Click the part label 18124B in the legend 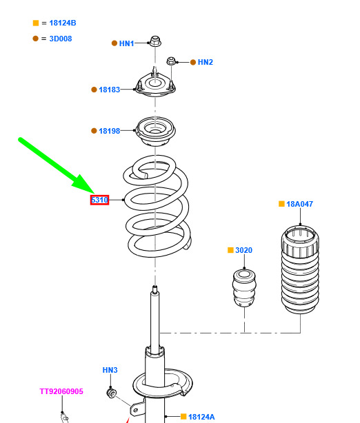(x=63, y=23)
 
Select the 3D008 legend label (x=61, y=39)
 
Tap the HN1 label (x=126, y=43)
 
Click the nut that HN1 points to (x=155, y=41)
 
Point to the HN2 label (x=206, y=62)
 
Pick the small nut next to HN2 (x=170, y=61)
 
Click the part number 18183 (x=110, y=90)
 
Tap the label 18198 (x=110, y=131)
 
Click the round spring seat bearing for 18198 (x=155, y=132)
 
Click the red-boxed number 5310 (x=99, y=200)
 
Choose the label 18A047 (x=299, y=204)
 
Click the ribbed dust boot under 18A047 (x=300, y=269)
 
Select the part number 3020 (x=243, y=250)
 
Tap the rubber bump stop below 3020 (x=244, y=288)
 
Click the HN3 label (x=110, y=370)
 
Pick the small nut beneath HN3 (x=111, y=393)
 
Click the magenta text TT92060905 (x=61, y=391)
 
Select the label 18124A (x=201, y=417)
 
